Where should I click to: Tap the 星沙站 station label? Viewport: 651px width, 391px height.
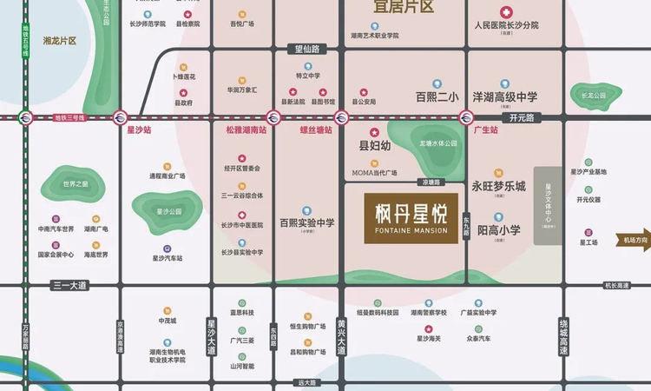(x=139, y=129)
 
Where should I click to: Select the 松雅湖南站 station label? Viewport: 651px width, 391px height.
(x=246, y=129)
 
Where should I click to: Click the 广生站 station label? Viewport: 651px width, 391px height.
(x=487, y=129)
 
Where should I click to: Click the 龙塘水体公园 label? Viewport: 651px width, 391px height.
(x=438, y=143)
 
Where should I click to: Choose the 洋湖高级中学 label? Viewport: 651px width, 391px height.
(x=505, y=97)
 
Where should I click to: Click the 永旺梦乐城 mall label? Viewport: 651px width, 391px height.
(x=499, y=186)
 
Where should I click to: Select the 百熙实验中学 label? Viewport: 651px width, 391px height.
(x=306, y=223)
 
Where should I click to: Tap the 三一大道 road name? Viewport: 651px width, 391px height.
(x=69, y=285)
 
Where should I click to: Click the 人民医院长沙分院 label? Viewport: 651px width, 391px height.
(x=507, y=26)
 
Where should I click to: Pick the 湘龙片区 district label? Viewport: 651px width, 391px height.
(x=60, y=41)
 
